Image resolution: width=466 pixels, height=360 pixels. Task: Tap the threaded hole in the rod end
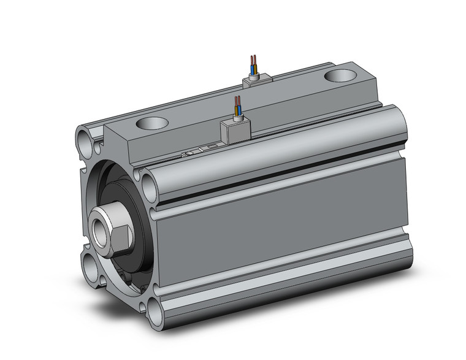click(x=100, y=228)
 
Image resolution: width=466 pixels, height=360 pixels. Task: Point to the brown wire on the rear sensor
click(x=251, y=63)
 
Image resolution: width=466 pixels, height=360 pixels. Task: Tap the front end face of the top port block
click(x=123, y=147)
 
